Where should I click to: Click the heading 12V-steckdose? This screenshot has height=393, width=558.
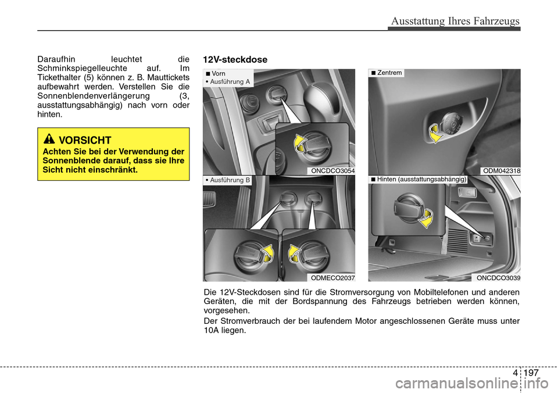pos(235,59)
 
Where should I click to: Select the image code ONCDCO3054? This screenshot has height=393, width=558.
pos(332,170)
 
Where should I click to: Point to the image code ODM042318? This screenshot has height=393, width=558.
pos(501,170)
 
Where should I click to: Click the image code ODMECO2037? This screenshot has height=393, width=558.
pos(332,278)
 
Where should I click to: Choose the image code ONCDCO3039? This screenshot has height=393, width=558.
pos(498,278)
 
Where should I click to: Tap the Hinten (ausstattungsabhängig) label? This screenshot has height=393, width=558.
pos(419,180)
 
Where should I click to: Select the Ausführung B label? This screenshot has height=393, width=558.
pos(228,180)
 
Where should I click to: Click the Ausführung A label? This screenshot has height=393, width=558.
pos(230,82)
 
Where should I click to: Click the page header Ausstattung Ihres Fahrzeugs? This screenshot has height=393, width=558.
pos(455,22)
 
